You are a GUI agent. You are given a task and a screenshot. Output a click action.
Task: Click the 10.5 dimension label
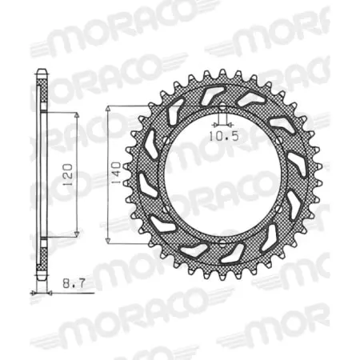pyautogui.click(x=222, y=137)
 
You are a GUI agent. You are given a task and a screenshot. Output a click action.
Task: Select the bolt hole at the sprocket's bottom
pyautogui.click(x=222, y=242)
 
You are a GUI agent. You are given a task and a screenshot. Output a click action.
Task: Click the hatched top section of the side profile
pyautogui.click(x=42, y=92)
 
